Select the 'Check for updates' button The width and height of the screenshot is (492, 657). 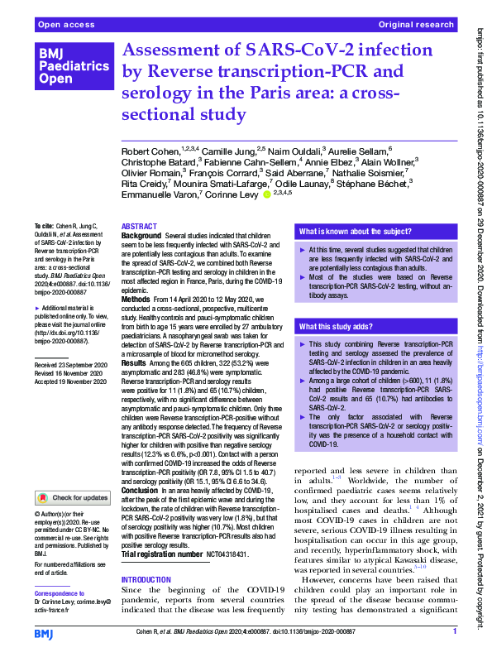pyautogui.click(x=72, y=498)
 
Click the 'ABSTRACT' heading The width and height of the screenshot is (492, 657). pyautogui.click(x=139, y=226)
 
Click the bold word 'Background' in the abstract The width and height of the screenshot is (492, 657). pyautogui.click(x=141, y=237)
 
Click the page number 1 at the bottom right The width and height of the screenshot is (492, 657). pyautogui.click(x=455, y=633)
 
